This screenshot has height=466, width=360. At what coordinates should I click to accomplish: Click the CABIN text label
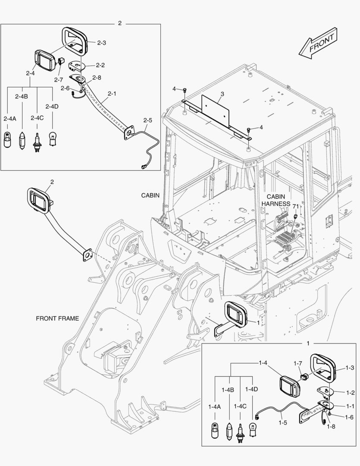click(150, 195)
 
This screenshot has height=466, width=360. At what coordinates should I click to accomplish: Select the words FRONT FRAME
click(57, 318)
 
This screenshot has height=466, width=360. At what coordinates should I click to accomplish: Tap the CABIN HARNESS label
click(278, 199)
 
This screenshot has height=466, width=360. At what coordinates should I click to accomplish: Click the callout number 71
click(295, 206)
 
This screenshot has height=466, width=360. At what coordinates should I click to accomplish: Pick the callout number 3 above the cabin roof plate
click(222, 94)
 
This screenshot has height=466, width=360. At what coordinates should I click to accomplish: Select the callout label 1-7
click(298, 363)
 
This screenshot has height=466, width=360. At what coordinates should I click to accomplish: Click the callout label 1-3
click(350, 368)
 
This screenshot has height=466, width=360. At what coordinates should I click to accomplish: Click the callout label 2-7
click(59, 80)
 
